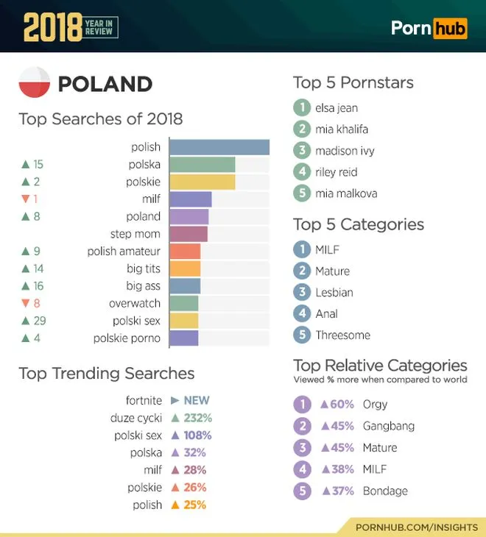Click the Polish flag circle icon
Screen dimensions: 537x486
pos(34,83)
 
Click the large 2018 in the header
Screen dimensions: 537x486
pos(51,27)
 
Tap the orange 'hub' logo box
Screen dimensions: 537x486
pos(450,28)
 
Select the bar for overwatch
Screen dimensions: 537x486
pos(184,303)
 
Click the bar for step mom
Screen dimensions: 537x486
pos(189,234)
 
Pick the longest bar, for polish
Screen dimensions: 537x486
pos(219,147)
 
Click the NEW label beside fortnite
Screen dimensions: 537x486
pos(196,401)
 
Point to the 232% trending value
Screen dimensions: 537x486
pos(197,419)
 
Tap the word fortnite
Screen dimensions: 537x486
pos(144,401)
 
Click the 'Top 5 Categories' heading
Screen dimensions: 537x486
pos(359,224)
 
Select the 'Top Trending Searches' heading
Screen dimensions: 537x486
pos(107,374)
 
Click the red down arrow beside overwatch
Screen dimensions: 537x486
pos(26,303)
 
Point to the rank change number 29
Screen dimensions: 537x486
pos(39,321)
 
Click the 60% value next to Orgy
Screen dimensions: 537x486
pos(342,404)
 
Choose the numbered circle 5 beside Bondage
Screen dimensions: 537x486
pos(302,491)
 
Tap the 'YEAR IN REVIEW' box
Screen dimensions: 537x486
pos(100,27)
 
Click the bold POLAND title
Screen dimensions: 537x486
pos(105,84)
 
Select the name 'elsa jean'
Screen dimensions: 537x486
pos(337,108)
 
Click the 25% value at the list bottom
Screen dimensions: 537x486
pos(194,505)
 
